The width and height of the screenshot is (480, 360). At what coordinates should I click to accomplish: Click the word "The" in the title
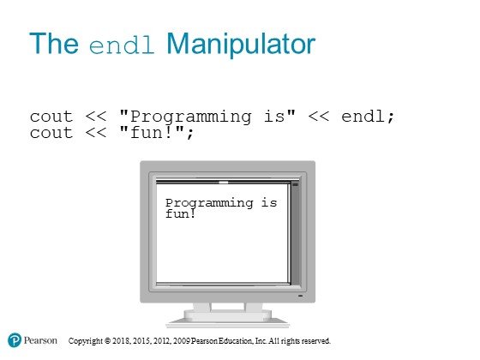(54, 43)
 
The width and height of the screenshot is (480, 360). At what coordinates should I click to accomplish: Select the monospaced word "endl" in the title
(122, 45)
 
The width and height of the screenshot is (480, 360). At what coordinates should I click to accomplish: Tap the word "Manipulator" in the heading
(241, 45)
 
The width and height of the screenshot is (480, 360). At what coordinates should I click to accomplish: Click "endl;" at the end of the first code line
(368, 117)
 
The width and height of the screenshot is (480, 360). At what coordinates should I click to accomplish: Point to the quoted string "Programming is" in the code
(207, 117)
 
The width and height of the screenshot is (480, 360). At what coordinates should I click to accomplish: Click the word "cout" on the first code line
(51, 117)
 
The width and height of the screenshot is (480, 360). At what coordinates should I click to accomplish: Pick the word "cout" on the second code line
(51, 133)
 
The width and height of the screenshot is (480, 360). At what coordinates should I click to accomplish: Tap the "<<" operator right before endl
(319, 117)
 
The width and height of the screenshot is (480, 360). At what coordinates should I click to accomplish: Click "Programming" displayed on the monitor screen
(209, 204)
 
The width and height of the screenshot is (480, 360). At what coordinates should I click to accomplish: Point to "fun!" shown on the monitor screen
(180, 213)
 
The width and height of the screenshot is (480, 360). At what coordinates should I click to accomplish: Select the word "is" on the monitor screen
(269, 202)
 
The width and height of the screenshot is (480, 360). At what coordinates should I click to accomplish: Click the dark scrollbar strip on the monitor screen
(296, 233)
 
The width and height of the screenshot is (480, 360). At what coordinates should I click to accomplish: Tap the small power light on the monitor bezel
(300, 296)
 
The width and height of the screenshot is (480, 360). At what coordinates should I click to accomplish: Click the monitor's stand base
(227, 321)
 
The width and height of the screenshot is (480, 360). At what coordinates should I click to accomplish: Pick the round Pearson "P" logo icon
(15, 340)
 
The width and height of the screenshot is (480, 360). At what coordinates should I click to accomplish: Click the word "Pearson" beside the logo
(40, 340)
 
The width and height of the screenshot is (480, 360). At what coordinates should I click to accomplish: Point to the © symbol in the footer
(107, 341)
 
